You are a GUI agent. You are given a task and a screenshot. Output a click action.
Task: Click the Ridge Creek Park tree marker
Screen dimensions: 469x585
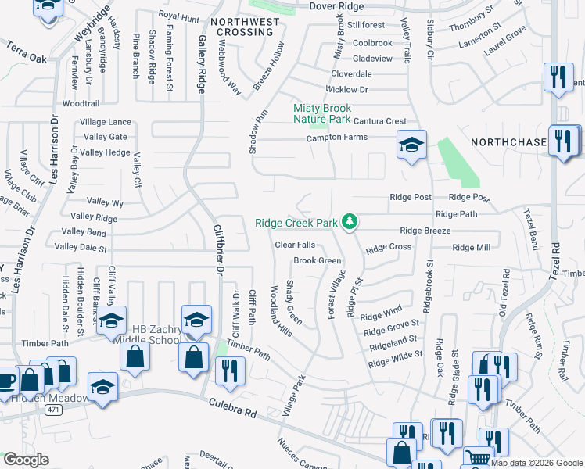[x=351, y=223]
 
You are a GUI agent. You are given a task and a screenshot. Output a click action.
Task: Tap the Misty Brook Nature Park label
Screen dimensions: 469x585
[x=321, y=113]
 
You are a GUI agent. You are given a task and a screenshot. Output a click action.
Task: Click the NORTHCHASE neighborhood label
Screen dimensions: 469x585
[x=508, y=142]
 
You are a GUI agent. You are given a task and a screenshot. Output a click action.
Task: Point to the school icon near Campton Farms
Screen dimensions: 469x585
[x=411, y=145]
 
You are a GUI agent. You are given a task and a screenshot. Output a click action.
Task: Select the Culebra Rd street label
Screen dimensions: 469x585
[x=233, y=408]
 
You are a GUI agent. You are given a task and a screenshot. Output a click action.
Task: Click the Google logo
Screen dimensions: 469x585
[x=26, y=460]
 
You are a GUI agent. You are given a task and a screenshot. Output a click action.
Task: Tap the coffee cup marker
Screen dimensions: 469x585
[x=5, y=381]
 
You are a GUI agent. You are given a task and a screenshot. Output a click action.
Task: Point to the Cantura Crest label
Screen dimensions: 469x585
[x=380, y=121]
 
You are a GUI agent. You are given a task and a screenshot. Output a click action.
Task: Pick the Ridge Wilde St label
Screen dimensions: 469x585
[x=395, y=359]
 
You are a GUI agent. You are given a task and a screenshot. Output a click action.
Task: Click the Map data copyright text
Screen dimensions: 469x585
[x=537, y=463]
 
